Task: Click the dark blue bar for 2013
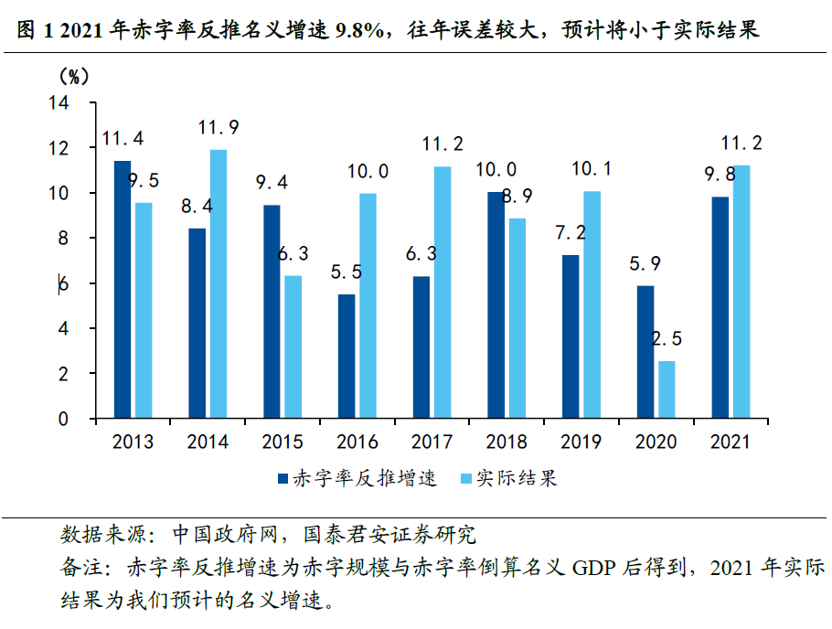tap(122, 290)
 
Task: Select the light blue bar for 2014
tap(218, 284)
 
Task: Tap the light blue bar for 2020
tap(667, 389)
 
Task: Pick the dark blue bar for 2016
tap(347, 357)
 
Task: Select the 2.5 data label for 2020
tap(667, 339)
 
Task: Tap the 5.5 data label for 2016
tap(346, 272)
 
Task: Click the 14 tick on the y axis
tap(59, 103)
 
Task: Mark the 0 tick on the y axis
tap(63, 419)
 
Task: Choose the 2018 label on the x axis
tap(507, 442)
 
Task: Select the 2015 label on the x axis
tap(283, 442)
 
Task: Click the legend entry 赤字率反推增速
tap(364, 478)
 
